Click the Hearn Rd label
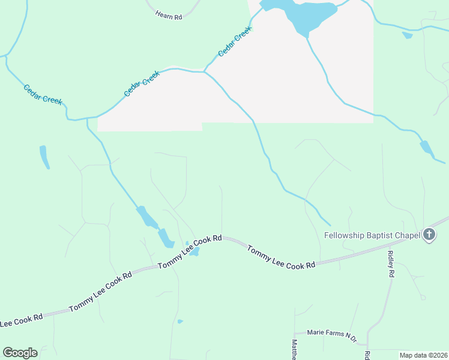(x=168, y=16)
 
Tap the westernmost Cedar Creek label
(x=43, y=95)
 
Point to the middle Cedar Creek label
(x=142, y=83)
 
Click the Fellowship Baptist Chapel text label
(x=372, y=235)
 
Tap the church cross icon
(x=429, y=235)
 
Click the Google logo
(x=20, y=352)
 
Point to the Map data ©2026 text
(x=423, y=355)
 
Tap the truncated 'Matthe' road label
(x=294, y=349)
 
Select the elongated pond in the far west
(x=44, y=157)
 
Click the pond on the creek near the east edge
(x=426, y=148)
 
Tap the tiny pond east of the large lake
(x=408, y=35)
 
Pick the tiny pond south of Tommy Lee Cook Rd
(x=180, y=322)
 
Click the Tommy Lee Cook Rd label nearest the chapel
(x=281, y=257)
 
